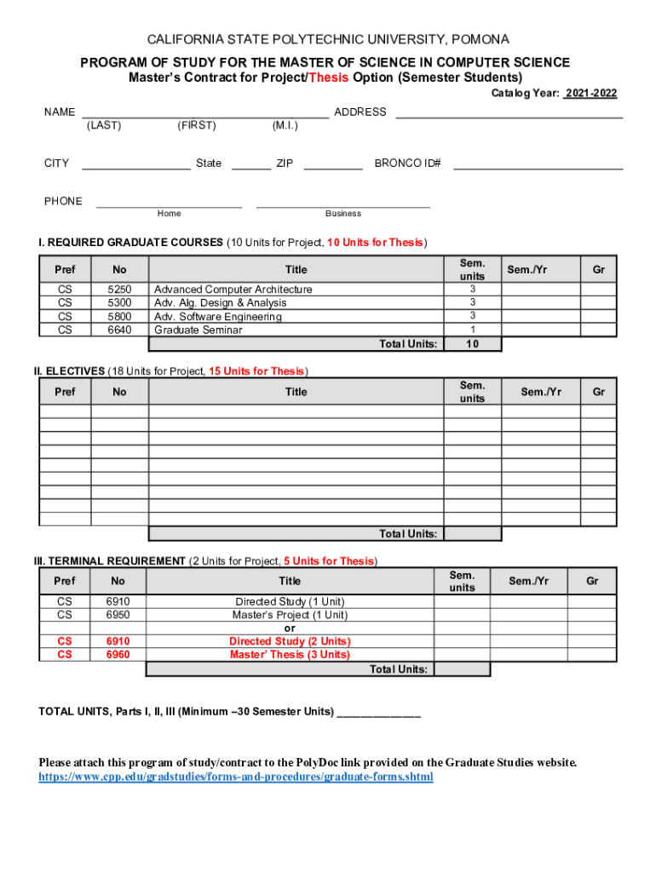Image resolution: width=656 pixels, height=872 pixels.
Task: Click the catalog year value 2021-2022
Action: pyautogui.click(x=590, y=93)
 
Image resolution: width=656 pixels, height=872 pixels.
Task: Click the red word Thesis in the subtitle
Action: pyautogui.click(x=328, y=77)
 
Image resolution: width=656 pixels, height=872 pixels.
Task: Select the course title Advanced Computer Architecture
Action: pyautogui.click(x=233, y=290)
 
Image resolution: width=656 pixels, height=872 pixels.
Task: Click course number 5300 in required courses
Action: pyautogui.click(x=119, y=302)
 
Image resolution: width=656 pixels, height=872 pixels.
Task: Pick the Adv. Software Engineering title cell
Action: pyautogui.click(x=217, y=317)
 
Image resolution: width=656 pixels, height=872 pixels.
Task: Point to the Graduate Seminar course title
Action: pyautogui.click(x=198, y=330)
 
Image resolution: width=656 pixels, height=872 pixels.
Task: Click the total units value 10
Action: pyautogui.click(x=472, y=344)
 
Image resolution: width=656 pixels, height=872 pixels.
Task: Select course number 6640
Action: pyautogui.click(x=119, y=330)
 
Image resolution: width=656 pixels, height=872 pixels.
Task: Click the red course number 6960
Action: pyautogui.click(x=118, y=654)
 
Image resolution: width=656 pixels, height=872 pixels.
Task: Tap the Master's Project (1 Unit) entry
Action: pyautogui.click(x=290, y=615)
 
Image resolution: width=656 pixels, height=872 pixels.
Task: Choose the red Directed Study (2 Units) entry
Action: pyautogui.click(x=290, y=641)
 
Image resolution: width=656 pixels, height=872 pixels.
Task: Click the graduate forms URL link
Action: pyautogui.click(x=236, y=777)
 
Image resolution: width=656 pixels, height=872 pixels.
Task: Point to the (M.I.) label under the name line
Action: pyautogui.click(x=285, y=126)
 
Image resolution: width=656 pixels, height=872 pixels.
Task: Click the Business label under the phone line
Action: pyautogui.click(x=342, y=214)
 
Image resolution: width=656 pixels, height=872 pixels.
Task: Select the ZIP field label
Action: pyautogui.click(x=285, y=163)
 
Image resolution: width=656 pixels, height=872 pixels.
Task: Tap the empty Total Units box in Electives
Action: pyautogui.click(x=472, y=534)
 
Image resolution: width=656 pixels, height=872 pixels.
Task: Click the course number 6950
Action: pyautogui.click(x=118, y=615)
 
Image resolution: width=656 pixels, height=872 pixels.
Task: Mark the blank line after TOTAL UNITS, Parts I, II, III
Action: pyautogui.click(x=379, y=712)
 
